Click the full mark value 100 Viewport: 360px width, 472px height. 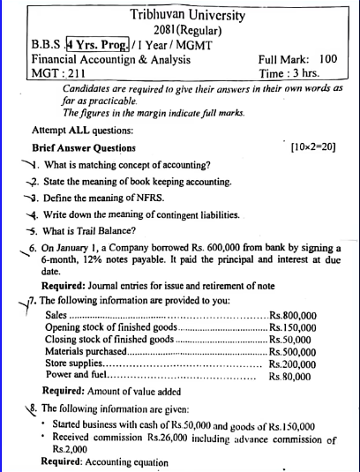pyautogui.click(x=328, y=59)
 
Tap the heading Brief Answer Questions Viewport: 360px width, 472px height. pyautogui.click(x=84, y=147)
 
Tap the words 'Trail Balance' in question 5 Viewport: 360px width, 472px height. pyautogui.click(x=102, y=231)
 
